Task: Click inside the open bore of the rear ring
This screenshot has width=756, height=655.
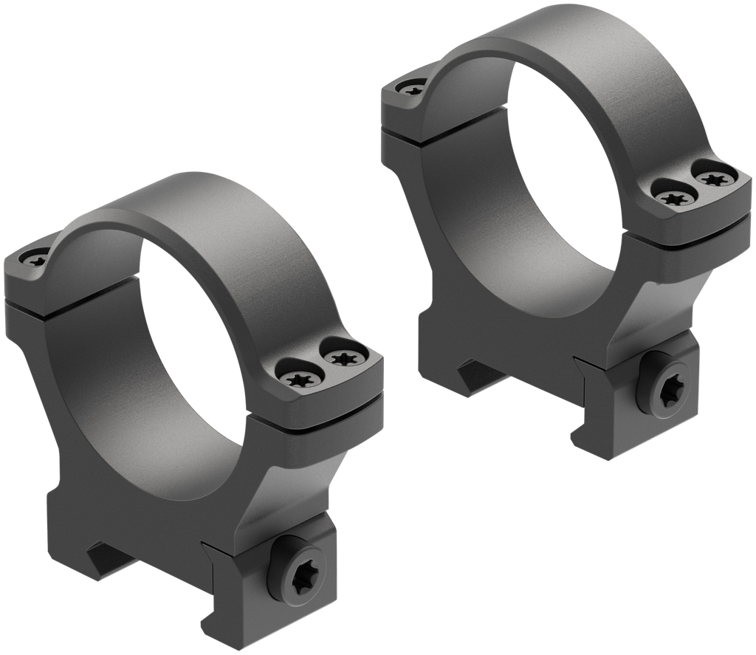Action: click(x=561, y=170)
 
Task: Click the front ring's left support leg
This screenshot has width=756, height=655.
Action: click(x=52, y=414)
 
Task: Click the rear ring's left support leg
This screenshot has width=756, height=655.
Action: click(x=428, y=244)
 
